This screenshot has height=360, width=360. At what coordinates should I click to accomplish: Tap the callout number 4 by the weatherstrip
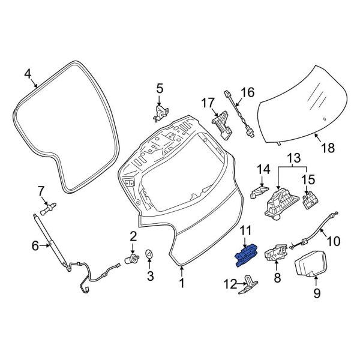coord(27,74)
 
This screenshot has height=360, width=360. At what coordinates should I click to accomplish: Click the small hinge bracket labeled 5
coord(160,112)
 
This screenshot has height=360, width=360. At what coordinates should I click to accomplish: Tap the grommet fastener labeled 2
coord(128,260)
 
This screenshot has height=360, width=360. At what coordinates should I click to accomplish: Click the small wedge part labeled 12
coord(250,285)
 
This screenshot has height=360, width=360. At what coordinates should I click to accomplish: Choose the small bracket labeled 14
coord(257,191)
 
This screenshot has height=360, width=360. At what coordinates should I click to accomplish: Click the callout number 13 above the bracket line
coord(295,158)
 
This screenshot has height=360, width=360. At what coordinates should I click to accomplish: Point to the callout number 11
coord(247,230)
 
